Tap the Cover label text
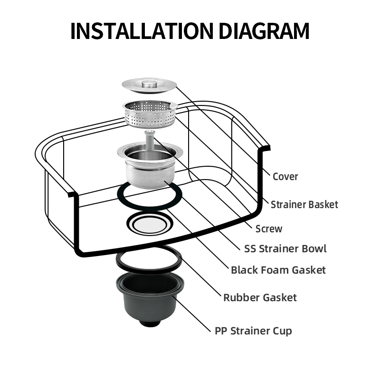coord(285,176)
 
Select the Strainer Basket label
coord(304,205)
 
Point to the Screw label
coord(269,228)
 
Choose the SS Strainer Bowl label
coord(285,248)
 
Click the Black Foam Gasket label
coord(278,270)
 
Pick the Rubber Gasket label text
coord(260,297)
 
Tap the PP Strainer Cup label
coord(253,331)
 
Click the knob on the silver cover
coord(149,84)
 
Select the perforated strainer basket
coord(150,113)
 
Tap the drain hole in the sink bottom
coord(150,223)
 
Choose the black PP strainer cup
coord(150,299)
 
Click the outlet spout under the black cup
coord(150,323)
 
